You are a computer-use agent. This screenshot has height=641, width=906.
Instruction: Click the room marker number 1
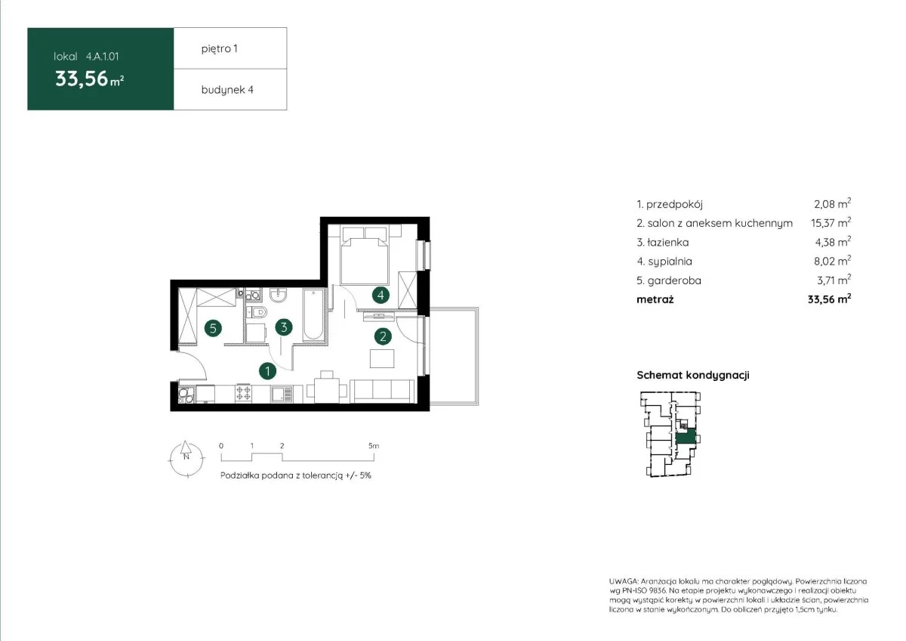267,370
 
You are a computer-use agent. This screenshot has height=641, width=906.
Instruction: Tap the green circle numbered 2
383,336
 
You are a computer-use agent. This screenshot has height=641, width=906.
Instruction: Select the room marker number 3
284,327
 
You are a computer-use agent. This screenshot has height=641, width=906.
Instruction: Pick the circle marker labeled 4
381,296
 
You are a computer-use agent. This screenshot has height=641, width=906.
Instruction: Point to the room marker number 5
213,328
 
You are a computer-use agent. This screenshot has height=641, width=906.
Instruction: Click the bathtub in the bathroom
313,314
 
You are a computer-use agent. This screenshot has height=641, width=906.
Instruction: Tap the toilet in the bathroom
257,311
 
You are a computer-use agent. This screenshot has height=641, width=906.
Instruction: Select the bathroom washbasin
279,296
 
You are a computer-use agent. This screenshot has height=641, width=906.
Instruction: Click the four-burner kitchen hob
243,394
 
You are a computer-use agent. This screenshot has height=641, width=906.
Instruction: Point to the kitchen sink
282,394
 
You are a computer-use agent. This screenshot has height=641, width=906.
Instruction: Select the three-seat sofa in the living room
382,391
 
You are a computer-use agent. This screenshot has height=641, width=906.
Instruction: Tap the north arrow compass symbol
186,459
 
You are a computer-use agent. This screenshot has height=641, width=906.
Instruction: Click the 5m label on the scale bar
374,446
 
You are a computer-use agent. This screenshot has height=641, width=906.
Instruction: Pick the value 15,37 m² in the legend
830,222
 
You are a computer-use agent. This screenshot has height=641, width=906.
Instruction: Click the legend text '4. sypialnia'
664,262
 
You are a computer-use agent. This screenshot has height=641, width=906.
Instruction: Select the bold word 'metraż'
655,299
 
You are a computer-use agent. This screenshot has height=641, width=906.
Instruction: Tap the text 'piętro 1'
219,48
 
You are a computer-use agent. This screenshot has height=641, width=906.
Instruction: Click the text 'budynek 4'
227,90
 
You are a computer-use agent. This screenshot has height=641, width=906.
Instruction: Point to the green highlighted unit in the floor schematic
686,438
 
